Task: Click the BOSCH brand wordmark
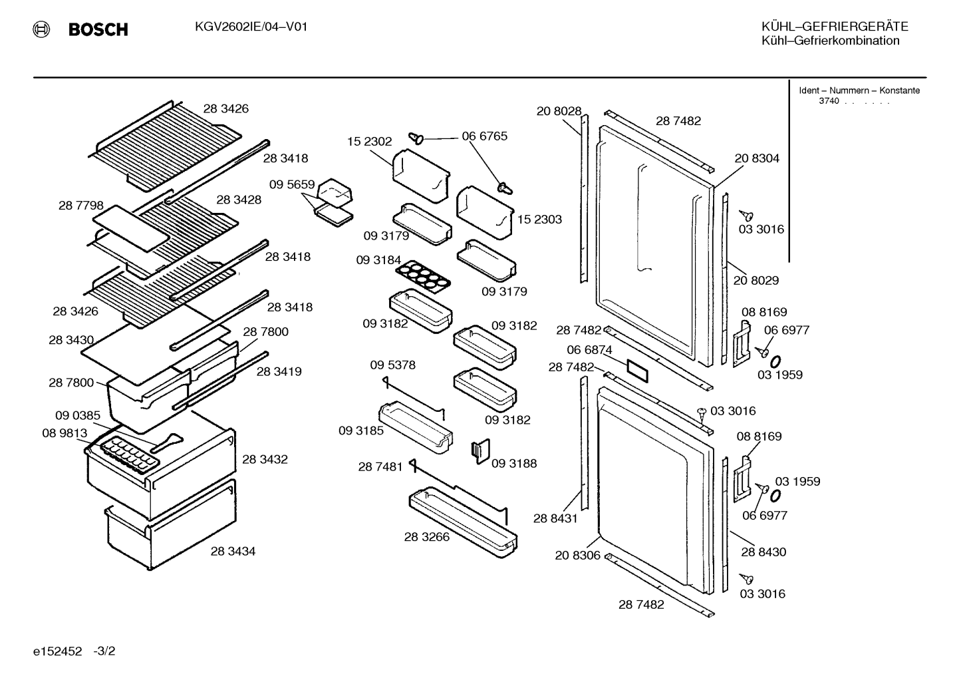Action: [x=98, y=29]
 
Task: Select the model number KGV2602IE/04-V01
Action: [x=251, y=27]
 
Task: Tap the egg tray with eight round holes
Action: [x=422, y=277]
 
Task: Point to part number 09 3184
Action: [x=378, y=260]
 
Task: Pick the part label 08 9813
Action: [x=65, y=433]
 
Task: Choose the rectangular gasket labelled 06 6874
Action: [x=638, y=371]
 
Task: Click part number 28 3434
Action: [x=233, y=551]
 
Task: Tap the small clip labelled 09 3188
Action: [x=480, y=451]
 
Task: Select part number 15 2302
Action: [x=369, y=141]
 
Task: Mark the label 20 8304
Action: [x=757, y=158]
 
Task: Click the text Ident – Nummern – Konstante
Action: [x=859, y=90]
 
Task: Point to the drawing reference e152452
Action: [x=57, y=651]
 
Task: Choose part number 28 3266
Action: [x=427, y=537]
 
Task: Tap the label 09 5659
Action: [x=292, y=184]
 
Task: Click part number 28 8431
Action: [x=555, y=519]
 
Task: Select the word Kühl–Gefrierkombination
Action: [x=830, y=41]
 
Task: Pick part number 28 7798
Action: [x=81, y=206]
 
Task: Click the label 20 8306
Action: [x=577, y=556]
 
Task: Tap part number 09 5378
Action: [x=392, y=365]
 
